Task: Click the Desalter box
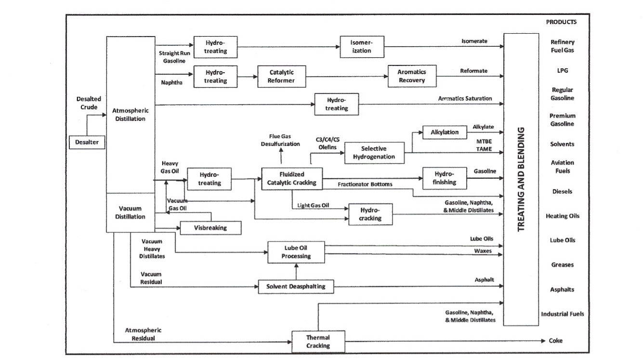(87, 142)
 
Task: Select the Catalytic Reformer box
(282, 76)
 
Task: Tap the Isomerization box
(362, 47)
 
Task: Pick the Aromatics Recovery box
(412, 76)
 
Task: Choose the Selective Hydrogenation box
(374, 153)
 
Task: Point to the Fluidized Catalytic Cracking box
(292, 178)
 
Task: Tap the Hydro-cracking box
(370, 215)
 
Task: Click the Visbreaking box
(210, 228)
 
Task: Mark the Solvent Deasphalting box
(296, 286)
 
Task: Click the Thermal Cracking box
(318, 342)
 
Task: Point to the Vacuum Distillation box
(130, 213)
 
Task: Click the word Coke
(555, 341)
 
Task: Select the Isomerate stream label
(474, 41)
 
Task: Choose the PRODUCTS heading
(561, 22)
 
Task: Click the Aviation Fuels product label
(562, 167)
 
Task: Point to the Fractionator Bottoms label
(365, 184)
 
